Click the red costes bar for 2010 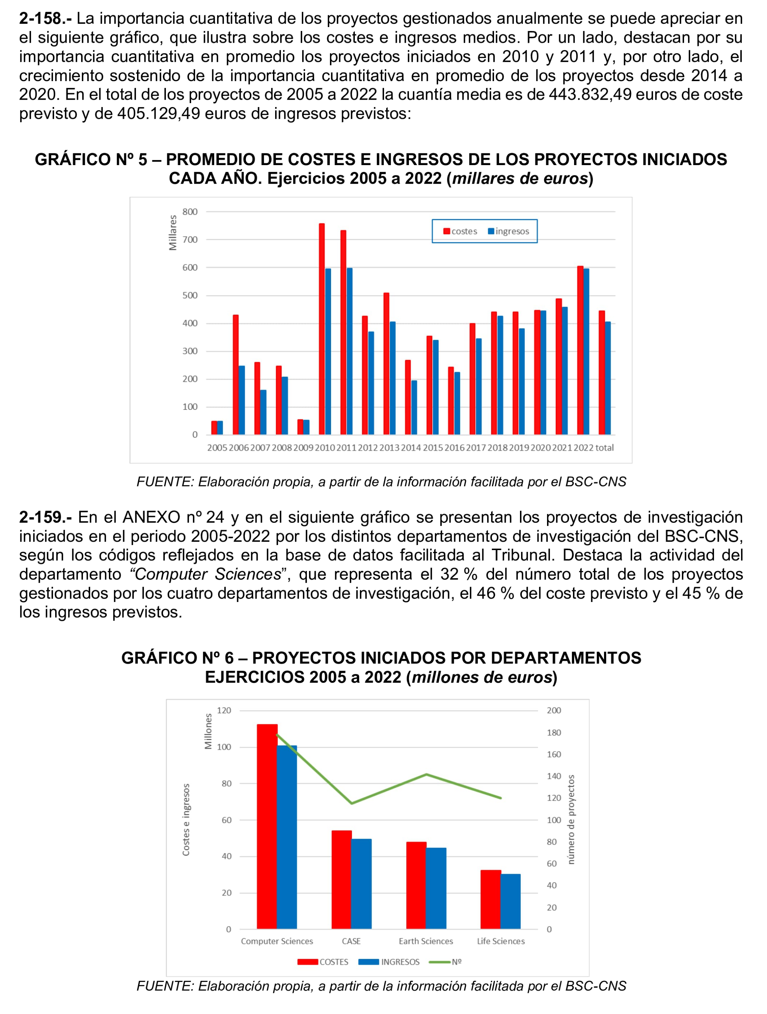click(x=322, y=329)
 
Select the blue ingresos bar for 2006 click(x=242, y=400)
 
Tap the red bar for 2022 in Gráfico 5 click(x=580, y=350)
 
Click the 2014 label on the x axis click(x=411, y=448)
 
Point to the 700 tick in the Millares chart click(x=190, y=240)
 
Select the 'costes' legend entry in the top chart click(x=460, y=232)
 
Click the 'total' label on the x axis click(x=604, y=448)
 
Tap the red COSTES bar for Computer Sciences click(x=267, y=826)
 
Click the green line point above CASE click(x=352, y=804)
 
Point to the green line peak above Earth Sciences click(x=426, y=775)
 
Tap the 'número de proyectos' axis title click(x=571, y=820)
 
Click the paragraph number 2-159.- click(x=45, y=517)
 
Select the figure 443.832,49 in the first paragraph click(x=589, y=95)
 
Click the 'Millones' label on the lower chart click(x=208, y=731)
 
